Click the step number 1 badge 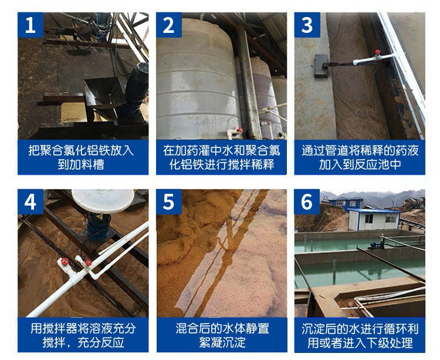(31, 25)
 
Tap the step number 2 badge (168, 25)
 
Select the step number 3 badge (307, 25)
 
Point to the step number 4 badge (31, 201)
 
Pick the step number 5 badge (168, 201)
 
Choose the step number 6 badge (307, 201)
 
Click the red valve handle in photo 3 (378, 52)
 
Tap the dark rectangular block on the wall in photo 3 (321, 66)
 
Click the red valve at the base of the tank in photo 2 (239, 130)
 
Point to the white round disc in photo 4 (103, 200)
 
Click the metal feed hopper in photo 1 (104, 93)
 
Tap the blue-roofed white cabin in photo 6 (374, 218)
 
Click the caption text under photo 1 (81, 157)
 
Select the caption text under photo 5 (222, 335)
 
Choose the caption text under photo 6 (360, 335)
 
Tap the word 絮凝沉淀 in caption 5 (222, 342)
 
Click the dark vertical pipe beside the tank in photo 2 (248, 84)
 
